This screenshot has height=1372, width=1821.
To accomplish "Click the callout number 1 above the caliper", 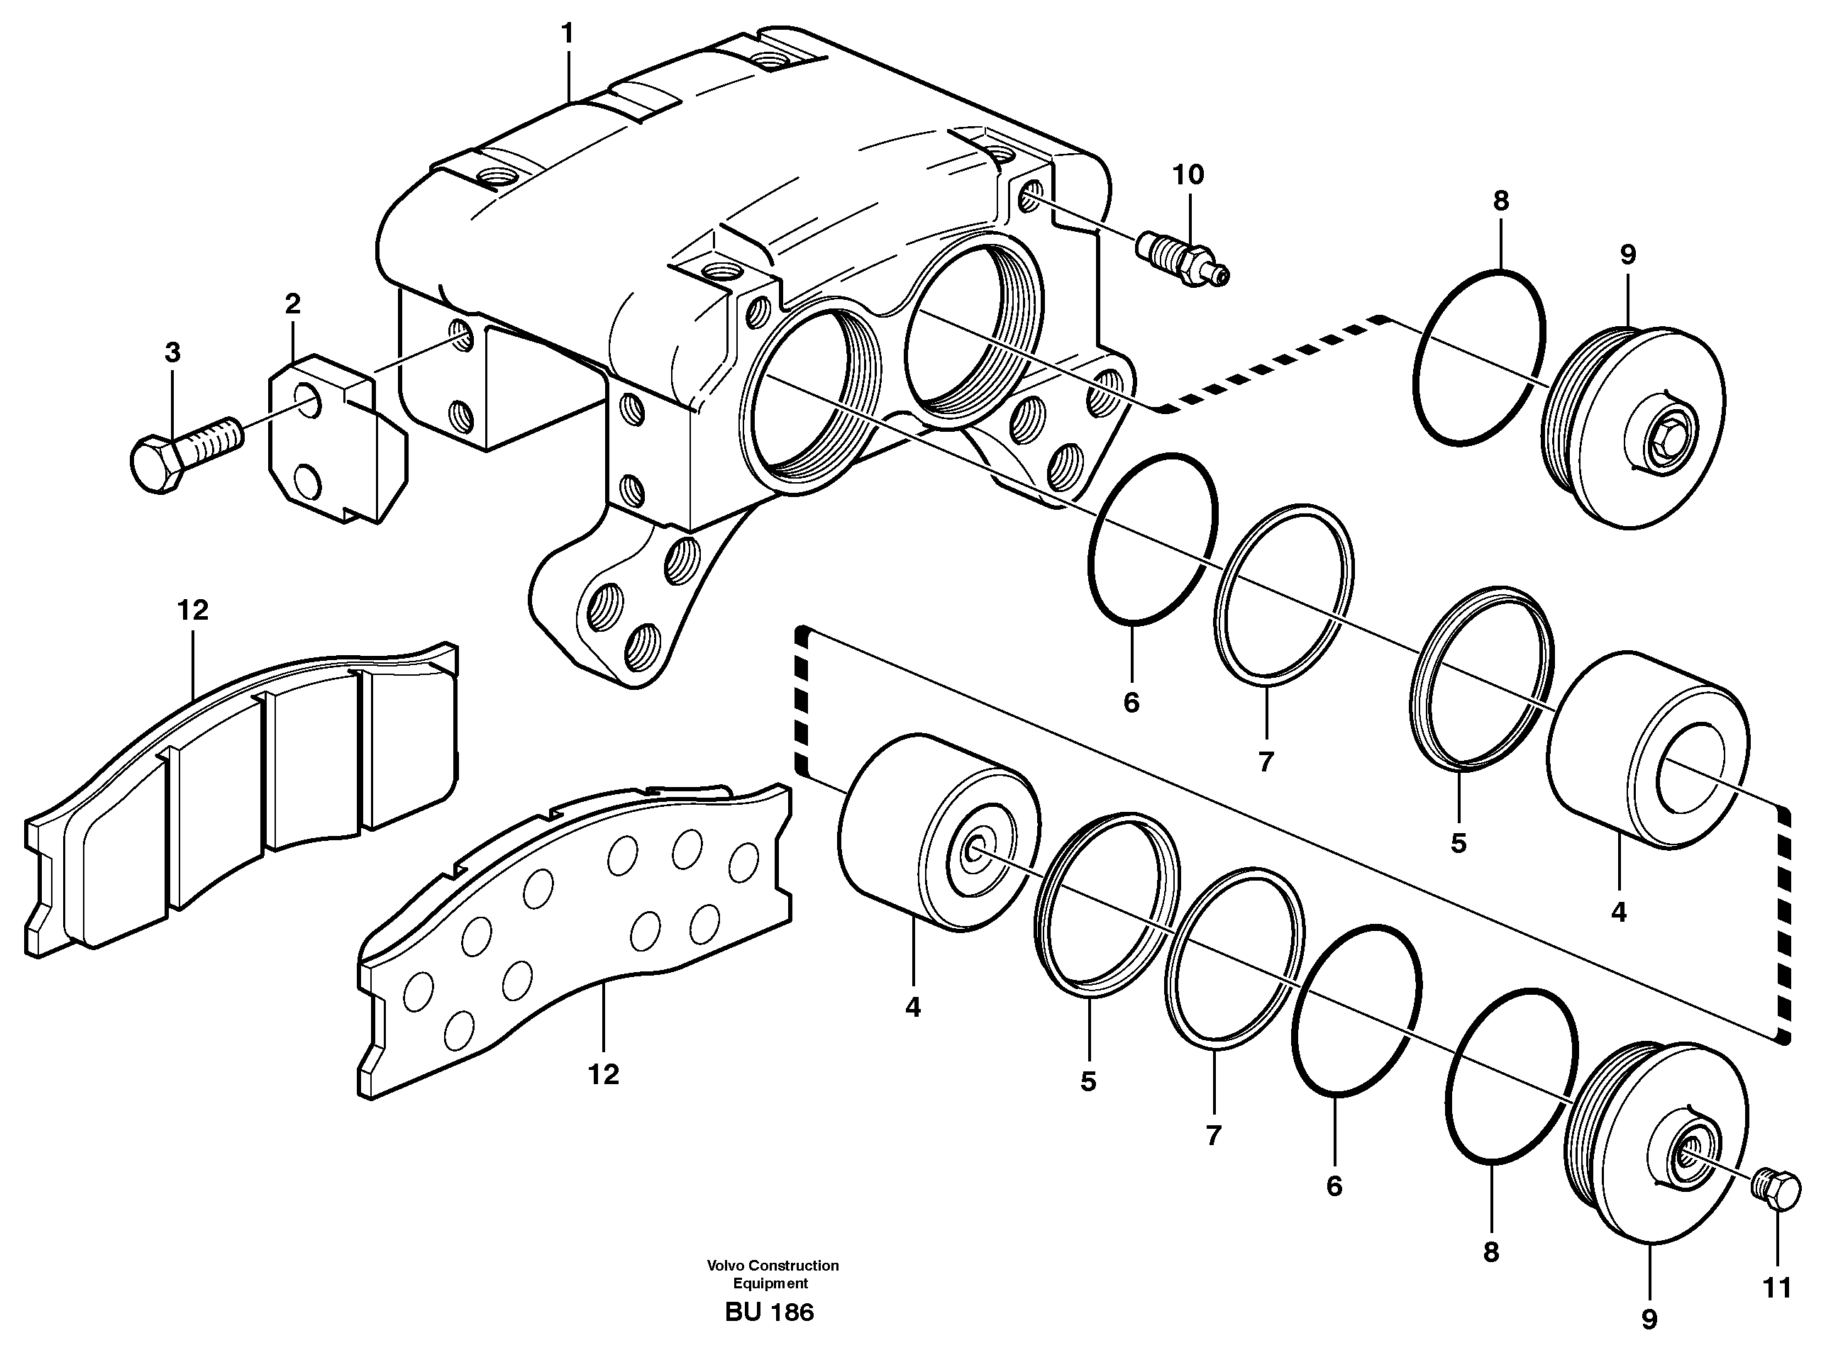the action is [x=568, y=34].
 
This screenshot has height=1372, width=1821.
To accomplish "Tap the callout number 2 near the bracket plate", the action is [x=292, y=304].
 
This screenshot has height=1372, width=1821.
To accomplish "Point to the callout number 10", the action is [x=1188, y=174].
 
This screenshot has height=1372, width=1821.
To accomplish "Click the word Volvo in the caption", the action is [x=724, y=1266].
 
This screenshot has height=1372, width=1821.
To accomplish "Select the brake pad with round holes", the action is [x=576, y=930].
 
